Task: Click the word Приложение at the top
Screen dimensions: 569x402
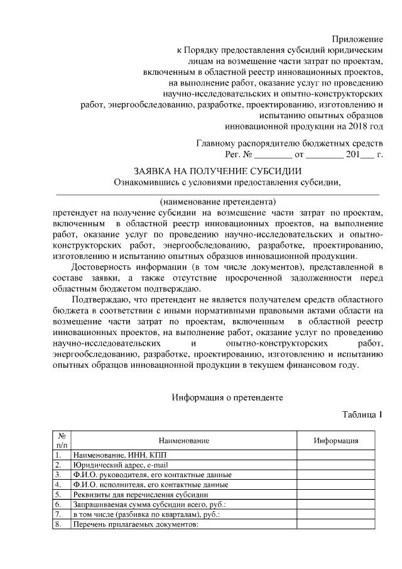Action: [357, 40]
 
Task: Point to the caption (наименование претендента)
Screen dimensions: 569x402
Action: [218, 202]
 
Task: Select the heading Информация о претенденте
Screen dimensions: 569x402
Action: [227, 397]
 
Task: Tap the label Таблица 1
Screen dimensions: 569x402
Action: [362, 415]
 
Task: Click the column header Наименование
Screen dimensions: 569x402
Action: [183, 441]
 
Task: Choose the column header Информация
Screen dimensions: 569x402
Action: [336, 441]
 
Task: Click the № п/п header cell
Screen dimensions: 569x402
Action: [62, 440]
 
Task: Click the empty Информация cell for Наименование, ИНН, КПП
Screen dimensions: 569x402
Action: [336, 455]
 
